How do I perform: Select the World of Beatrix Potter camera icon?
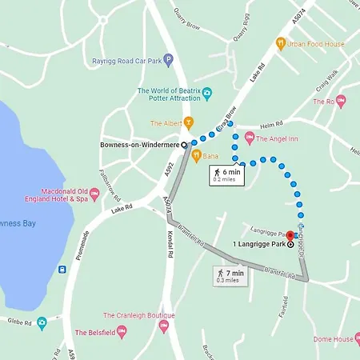(206, 94)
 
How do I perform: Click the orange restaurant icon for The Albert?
(189, 122)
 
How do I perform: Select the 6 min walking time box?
(225, 175)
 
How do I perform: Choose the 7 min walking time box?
(228, 276)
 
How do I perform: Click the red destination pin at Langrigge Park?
(290, 238)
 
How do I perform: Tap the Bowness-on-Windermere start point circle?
(185, 145)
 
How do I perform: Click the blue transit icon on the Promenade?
(62, 269)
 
